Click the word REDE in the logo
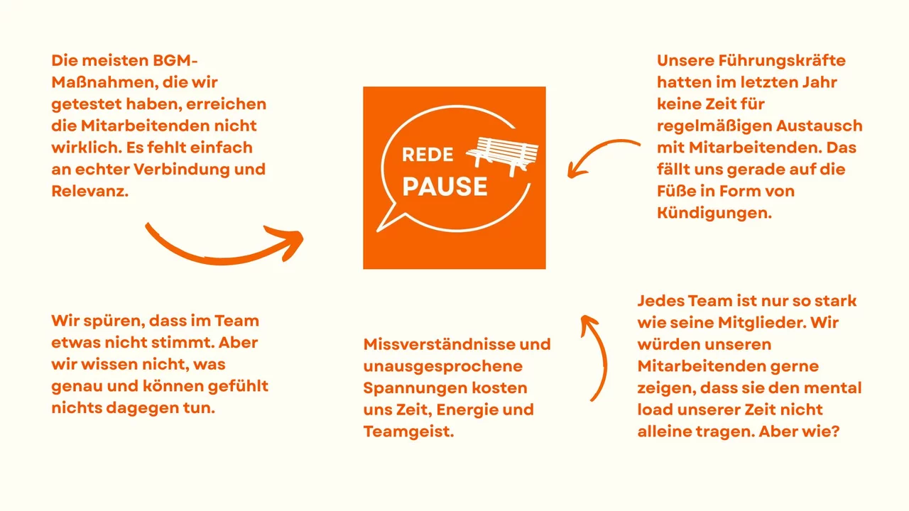pos(428,155)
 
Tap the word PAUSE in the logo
pos(445,187)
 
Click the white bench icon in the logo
pos(502,155)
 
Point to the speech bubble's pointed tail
pos(386,221)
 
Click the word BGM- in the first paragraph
pos(175,60)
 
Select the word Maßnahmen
pos(104,82)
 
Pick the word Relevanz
pos(89,191)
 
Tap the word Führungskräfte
pos(782,61)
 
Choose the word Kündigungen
pos(714,213)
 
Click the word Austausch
pos(820,126)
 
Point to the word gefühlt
pos(238,386)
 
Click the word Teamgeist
pos(408,432)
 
